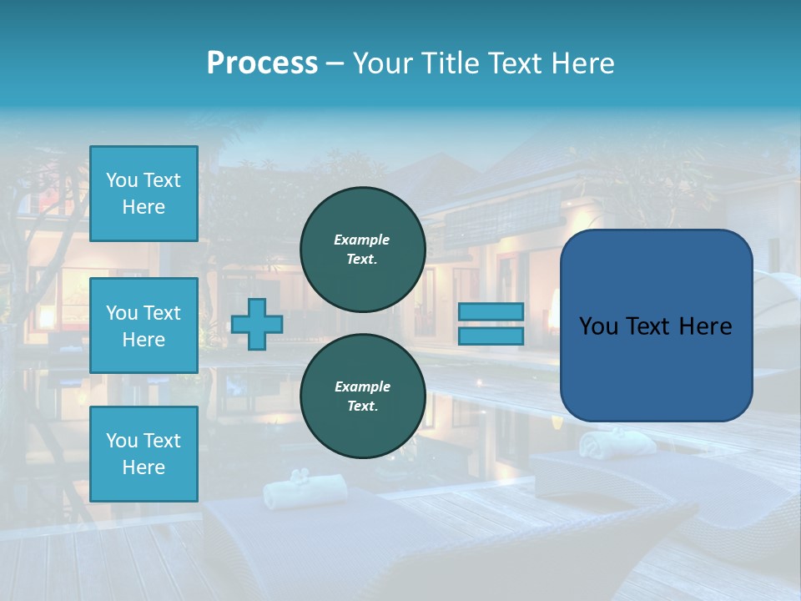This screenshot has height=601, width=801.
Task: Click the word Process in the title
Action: click(262, 63)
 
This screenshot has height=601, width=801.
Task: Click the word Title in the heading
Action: click(451, 63)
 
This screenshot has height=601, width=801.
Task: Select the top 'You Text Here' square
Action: click(144, 194)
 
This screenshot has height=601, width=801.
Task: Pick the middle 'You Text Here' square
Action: click(144, 326)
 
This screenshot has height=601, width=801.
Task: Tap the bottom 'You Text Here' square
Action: click(144, 454)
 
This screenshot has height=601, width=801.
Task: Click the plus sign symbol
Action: click(257, 325)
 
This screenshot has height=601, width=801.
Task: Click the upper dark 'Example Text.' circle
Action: click(363, 249)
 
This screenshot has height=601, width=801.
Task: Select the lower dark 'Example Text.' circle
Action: click(363, 396)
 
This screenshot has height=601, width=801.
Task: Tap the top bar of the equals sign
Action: click(491, 312)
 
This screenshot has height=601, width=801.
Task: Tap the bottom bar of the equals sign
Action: click(491, 336)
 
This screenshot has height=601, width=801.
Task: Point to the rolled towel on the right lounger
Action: click(607, 443)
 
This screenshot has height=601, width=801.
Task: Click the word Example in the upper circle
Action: click(362, 240)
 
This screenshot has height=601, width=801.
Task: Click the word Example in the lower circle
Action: click(362, 386)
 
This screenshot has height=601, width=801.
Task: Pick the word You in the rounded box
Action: click(598, 326)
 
